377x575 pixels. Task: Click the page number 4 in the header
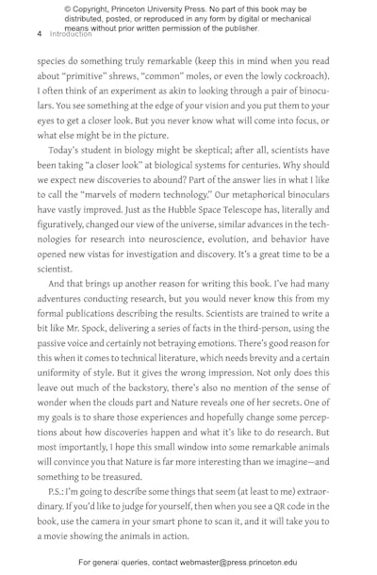point(40,33)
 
